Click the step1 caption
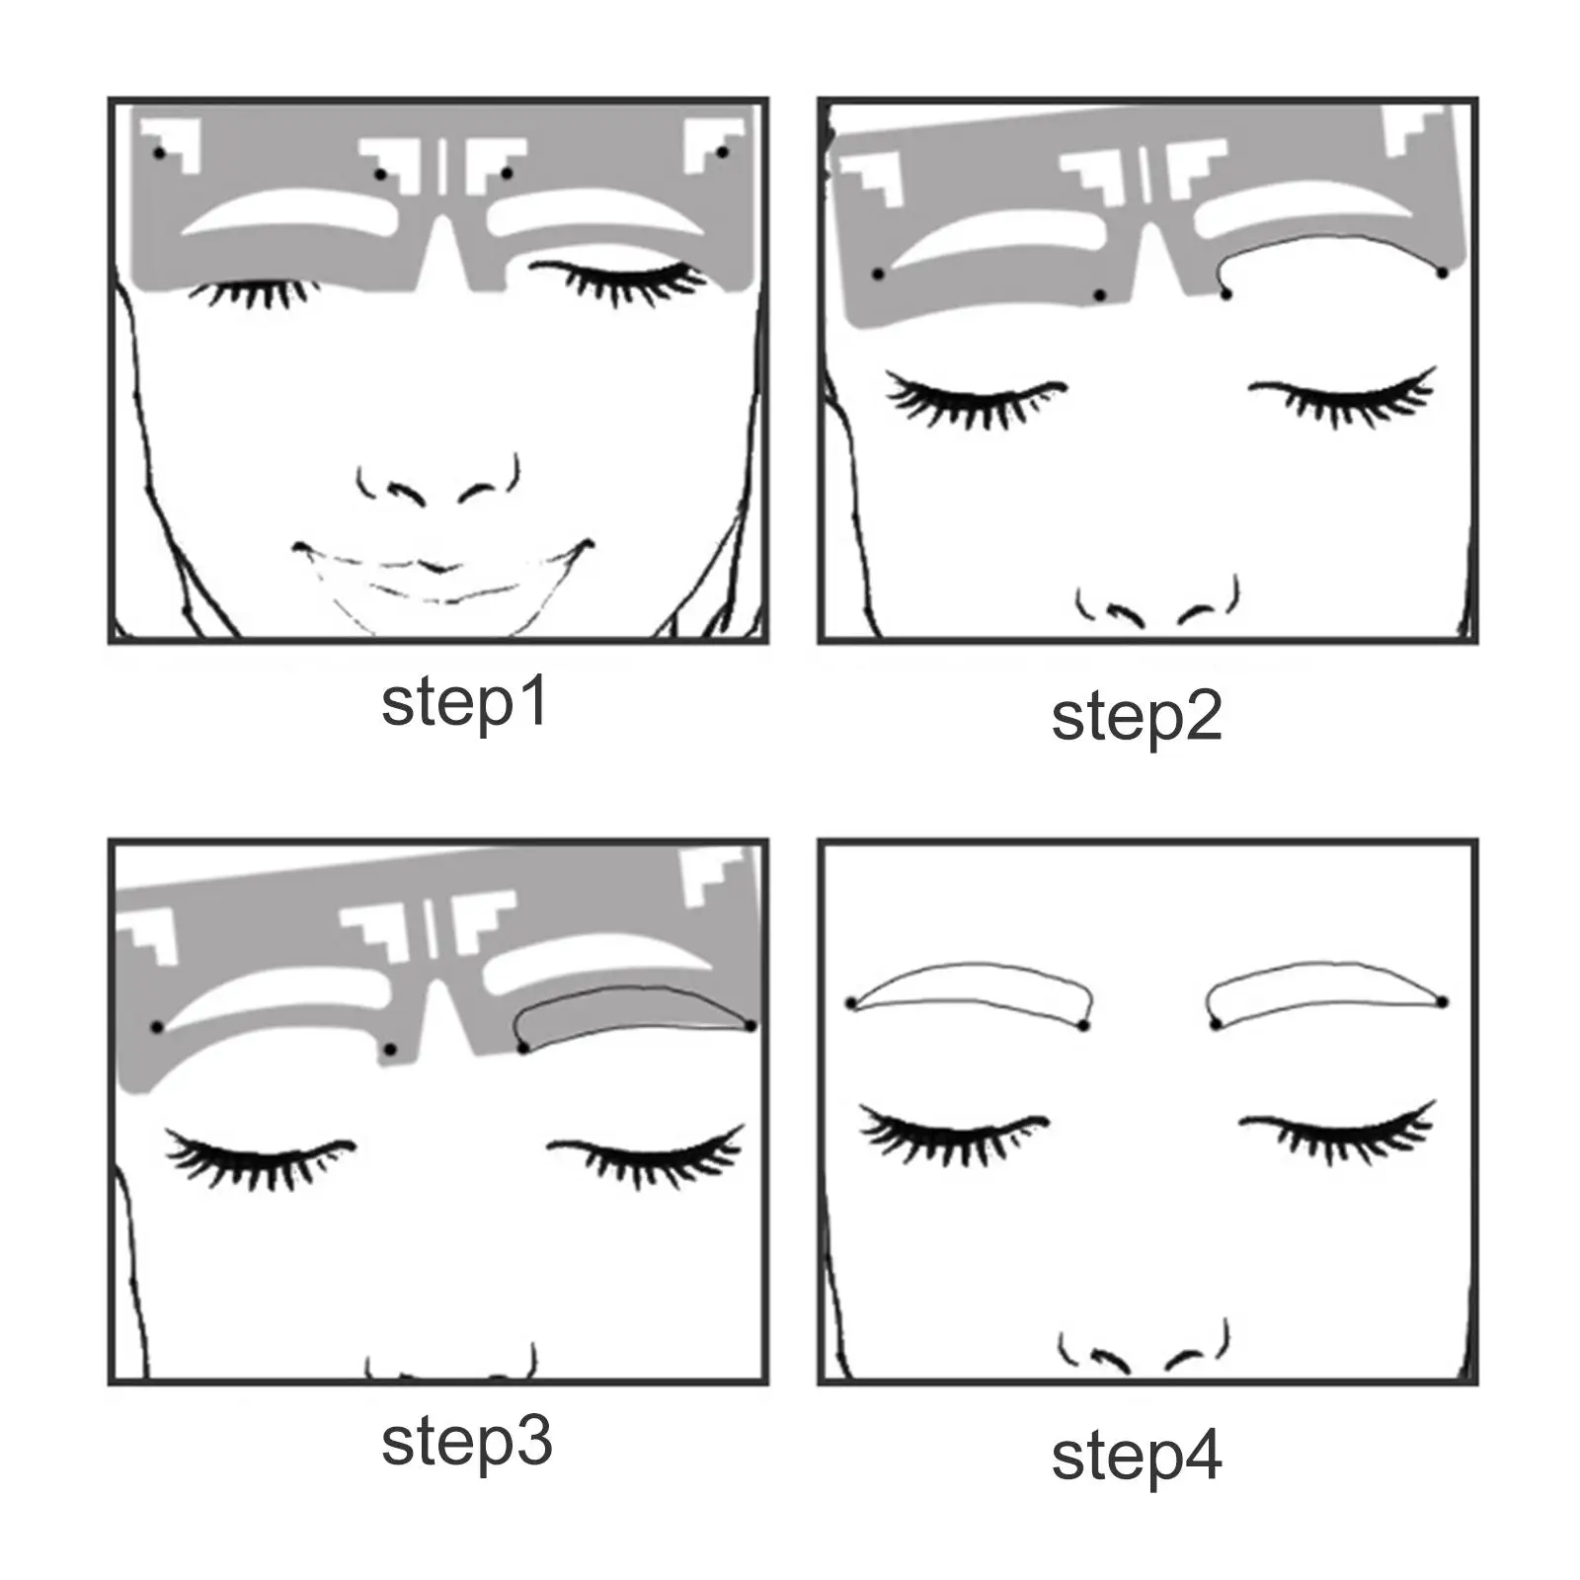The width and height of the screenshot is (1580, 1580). (x=464, y=703)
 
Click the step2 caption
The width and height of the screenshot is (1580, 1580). (x=1136, y=718)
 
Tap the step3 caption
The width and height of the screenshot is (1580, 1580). (x=466, y=1444)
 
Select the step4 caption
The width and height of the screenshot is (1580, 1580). (x=1136, y=1458)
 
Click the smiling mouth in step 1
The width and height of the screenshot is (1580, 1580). (x=441, y=571)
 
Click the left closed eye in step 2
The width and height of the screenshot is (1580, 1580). (x=973, y=399)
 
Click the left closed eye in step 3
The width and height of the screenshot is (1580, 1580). (x=259, y=1157)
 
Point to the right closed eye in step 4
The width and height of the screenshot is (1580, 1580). (x=1338, y=1131)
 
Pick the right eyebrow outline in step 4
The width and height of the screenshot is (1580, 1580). (x=1323, y=993)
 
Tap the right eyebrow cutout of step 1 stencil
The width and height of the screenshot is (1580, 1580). (x=592, y=213)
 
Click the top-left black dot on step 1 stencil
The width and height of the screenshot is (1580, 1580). (x=159, y=153)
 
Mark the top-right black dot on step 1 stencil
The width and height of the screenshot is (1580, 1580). (x=722, y=152)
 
